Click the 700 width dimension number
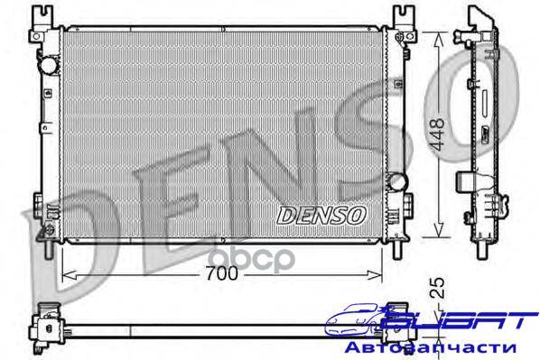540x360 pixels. click(x=222, y=273)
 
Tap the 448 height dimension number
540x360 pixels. click(x=438, y=134)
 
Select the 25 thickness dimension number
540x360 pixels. click(x=438, y=288)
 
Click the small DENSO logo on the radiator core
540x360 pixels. click(x=321, y=216)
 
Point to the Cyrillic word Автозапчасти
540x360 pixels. click(x=430, y=347)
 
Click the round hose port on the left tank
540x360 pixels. click(x=48, y=65)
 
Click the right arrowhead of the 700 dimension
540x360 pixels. click(x=375, y=275)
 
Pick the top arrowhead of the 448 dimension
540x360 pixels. click(x=438, y=39)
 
